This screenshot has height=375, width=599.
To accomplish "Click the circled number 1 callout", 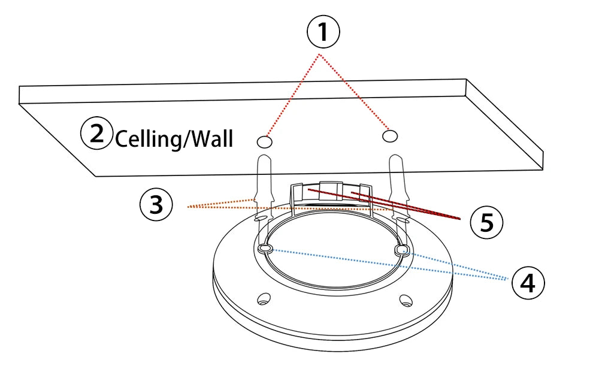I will point(323,31).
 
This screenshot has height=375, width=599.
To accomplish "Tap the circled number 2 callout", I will point(96,134).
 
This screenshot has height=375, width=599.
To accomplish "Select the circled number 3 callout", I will point(156,205).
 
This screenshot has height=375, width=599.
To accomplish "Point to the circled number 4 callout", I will point(528,283).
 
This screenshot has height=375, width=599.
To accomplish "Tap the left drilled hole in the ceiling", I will point(264,142).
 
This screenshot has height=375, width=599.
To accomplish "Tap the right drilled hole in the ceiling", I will point(390,136).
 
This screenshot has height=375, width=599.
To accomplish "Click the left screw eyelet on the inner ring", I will point(265,248).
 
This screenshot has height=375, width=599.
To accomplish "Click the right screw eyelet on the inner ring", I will point(402,249).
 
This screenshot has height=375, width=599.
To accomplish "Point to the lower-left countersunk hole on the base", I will point(262,298).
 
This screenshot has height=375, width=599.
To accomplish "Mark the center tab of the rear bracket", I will point(329,190).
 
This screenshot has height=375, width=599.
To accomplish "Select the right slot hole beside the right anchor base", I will point(406,221).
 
